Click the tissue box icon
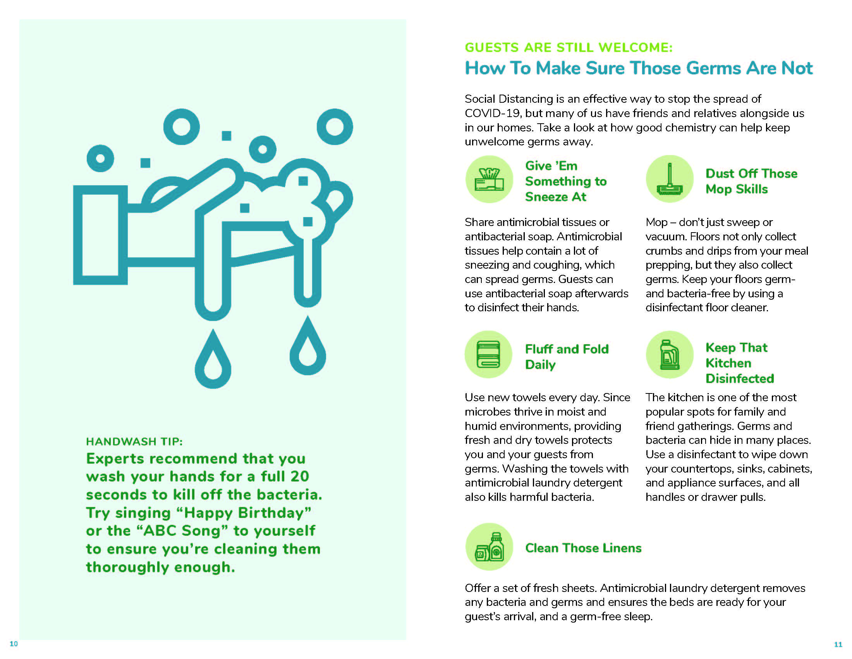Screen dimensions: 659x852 click(489, 179)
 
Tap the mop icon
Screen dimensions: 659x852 click(670, 179)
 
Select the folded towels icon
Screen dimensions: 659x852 click(488, 354)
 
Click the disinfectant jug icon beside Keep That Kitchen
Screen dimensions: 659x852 click(670, 354)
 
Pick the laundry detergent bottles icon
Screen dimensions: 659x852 click(489, 547)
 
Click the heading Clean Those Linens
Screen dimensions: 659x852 click(583, 548)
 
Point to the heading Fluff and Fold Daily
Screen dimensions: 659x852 click(567, 356)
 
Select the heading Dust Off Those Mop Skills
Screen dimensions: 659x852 click(751, 181)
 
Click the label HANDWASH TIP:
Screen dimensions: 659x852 click(134, 442)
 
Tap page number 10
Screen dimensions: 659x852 click(14, 644)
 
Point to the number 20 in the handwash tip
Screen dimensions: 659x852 click(300, 476)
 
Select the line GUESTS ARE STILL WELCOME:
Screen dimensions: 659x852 click(569, 48)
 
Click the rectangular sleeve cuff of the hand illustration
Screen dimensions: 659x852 click(100, 235)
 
